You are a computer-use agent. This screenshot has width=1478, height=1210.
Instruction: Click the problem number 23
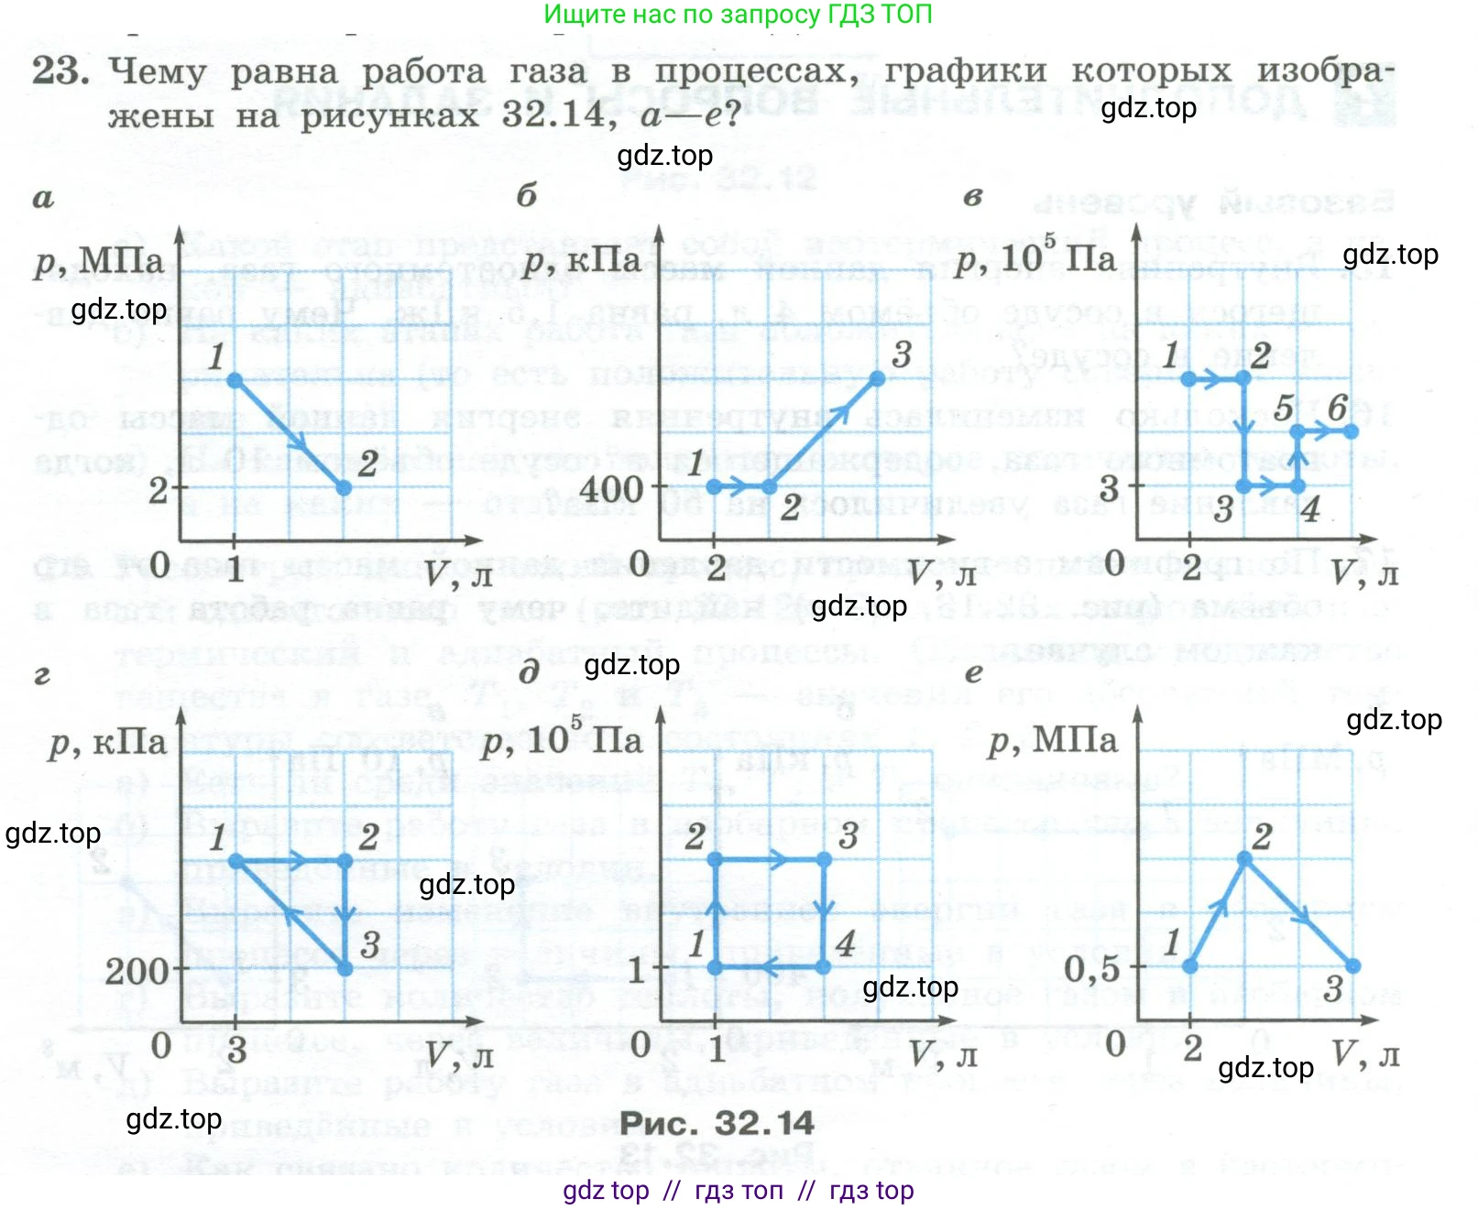pyautogui.click(x=60, y=71)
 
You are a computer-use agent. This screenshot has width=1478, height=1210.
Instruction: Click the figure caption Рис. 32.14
pyautogui.click(x=717, y=1123)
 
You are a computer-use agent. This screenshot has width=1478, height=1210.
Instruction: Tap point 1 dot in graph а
pyautogui.click(x=235, y=379)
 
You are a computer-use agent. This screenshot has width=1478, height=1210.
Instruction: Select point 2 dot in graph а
pyautogui.click(x=344, y=488)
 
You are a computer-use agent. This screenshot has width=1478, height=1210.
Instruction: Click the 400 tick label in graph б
pyautogui.click(x=611, y=488)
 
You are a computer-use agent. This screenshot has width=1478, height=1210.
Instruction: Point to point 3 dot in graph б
pyautogui.click(x=878, y=378)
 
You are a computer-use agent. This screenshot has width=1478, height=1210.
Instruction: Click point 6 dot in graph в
pyautogui.click(x=1352, y=431)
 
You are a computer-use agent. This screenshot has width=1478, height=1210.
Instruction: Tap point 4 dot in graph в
pyautogui.click(x=1297, y=486)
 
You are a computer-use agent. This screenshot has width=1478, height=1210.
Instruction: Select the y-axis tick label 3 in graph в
pyautogui.click(x=1110, y=488)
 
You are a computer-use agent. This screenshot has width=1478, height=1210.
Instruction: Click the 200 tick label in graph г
pyautogui.click(x=137, y=971)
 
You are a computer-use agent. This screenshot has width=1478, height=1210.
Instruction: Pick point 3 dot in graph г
pyautogui.click(x=345, y=968)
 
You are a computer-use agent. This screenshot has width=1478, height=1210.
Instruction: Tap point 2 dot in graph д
pyautogui.click(x=715, y=859)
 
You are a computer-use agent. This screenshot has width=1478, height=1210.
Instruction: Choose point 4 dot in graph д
pyautogui.click(x=823, y=966)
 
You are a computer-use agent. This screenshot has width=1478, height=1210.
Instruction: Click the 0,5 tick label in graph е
pyautogui.click(x=1091, y=968)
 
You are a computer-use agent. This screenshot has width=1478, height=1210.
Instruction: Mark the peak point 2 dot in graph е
pyautogui.click(x=1243, y=859)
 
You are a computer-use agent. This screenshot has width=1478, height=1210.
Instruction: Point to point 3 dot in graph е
pyautogui.click(x=1353, y=965)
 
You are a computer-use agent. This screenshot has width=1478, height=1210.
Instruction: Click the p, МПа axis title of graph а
pyautogui.click(x=99, y=261)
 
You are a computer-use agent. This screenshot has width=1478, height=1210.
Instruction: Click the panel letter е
pyautogui.click(x=973, y=674)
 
